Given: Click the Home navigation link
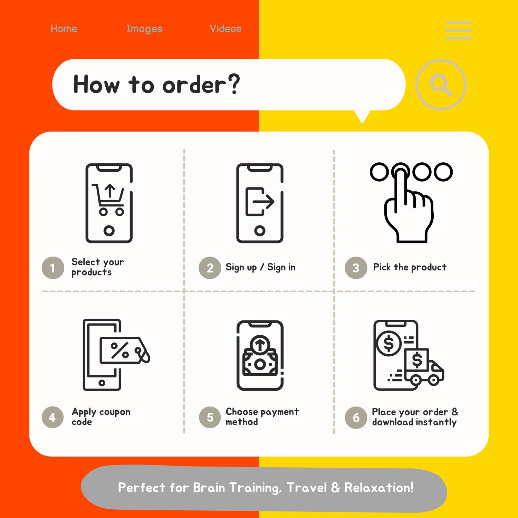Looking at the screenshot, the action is click(x=64, y=29).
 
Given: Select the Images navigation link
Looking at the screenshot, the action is click(x=145, y=29).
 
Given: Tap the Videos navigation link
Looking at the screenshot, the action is click(x=226, y=29).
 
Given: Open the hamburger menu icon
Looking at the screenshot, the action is click(x=458, y=30).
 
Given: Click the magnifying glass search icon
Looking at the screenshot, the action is click(x=441, y=85).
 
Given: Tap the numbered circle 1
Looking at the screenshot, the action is click(x=53, y=268).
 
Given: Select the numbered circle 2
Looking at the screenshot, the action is click(x=210, y=268).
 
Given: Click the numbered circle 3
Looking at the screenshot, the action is click(x=356, y=268).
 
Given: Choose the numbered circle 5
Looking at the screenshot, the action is click(x=210, y=418).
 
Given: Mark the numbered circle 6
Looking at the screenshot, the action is click(x=356, y=418).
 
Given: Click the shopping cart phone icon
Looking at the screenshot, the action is click(x=109, y=203).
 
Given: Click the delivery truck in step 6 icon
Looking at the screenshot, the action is click(x=424, y=367).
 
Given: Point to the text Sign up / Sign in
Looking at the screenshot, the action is click(x=260, y=268).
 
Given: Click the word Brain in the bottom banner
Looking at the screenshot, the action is click(x=209, y=488).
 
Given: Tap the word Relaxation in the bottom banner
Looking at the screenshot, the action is click(x=379, y=488).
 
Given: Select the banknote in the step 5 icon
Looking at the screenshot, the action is click(x=260, y=362).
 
